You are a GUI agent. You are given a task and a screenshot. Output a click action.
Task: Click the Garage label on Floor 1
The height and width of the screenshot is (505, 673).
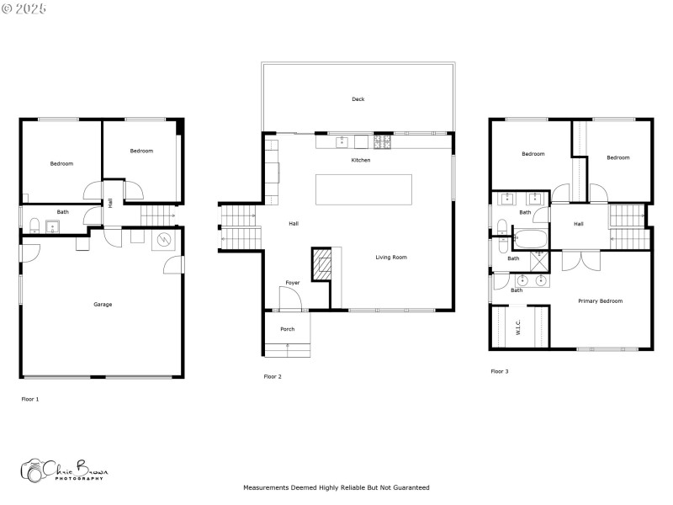pyautogui.click(x=103, y=305)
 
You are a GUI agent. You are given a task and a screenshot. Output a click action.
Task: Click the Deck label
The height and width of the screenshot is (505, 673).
pyautogui.click(x=358, y=99)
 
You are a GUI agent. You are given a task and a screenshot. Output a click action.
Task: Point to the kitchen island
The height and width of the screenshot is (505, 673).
pyautogui.click(x=363, y=189)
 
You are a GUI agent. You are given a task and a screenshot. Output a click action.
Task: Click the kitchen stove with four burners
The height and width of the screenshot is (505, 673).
pyautogui.click(x=383, y=141)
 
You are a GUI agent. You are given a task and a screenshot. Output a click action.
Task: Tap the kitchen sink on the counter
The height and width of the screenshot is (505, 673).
pyautogui.click(x=342, y=141)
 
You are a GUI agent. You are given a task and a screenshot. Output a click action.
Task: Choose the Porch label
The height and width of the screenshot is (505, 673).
pyautogui.click(x=288, y=329)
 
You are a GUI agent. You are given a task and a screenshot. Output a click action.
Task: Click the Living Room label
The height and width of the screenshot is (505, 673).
pyautogui.click(x=391, y=258)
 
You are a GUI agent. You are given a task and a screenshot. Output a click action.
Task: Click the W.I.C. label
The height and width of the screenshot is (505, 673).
pyautogui.click(x=518, y=327)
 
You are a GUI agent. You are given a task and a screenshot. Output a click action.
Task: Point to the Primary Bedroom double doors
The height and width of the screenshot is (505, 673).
pyautogui.click(x=580, y=259)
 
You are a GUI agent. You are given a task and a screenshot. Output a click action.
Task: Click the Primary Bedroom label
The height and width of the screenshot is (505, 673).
pyautogui.click(x=600, y=300)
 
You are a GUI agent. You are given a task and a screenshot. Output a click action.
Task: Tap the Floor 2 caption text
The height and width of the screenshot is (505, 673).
pyautogui.click(x=273, y=376)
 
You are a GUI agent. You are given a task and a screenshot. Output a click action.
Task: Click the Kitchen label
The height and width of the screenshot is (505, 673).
pyautogui.click(x=360, y=160)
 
